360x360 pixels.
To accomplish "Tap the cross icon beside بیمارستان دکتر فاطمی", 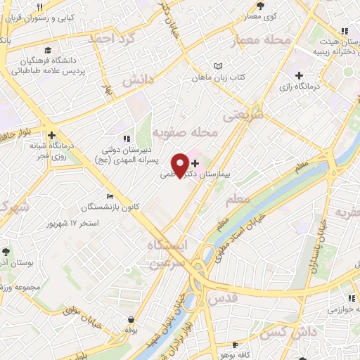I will pyautogui.click(x=195, y=164).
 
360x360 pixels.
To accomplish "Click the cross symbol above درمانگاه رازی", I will pyautogui.click(x=300, y=75).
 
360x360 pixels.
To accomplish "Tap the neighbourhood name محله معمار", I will pyautogui.click(x=265, y=41).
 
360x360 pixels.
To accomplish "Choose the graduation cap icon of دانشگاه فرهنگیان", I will pyautogui.click(x=47, y=50).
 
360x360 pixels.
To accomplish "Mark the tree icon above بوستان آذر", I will pyautogui.click(x=6, y=251).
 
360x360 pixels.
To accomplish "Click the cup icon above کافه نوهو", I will pyautogui.click(x=234, y=346).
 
